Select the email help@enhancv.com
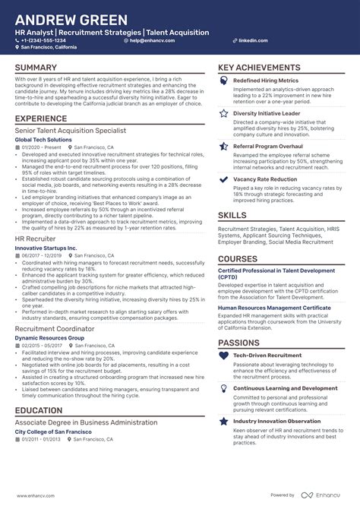point(151,40)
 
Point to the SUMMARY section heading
point(36,68)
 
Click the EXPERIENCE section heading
point(41,119)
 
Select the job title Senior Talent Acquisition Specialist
point(70,131)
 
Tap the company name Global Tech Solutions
point(44,141)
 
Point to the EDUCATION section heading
point(39,411)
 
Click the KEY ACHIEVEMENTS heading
point(259,68)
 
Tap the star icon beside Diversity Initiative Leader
point(224,112)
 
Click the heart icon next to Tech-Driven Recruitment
point(224,355)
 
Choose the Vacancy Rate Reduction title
point(265,179)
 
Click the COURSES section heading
point(238,258)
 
